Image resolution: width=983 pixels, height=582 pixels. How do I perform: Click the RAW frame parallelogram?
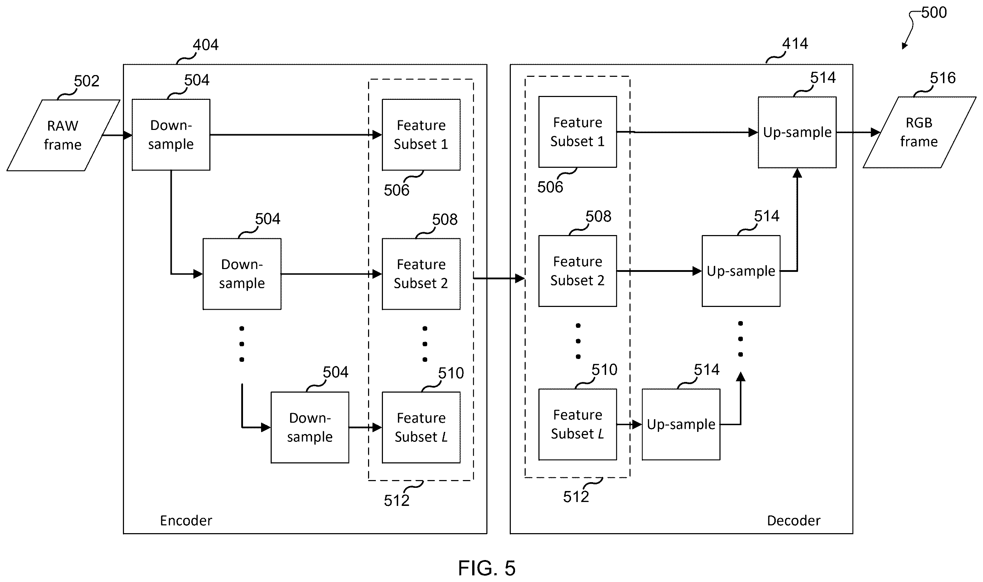pyautogui.click(x=63, y=135)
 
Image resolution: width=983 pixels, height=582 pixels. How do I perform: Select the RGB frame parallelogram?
pyautogui.click(x=919, y=132)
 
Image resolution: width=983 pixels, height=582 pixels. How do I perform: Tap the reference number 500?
pyautogui.click(x=934, y=12)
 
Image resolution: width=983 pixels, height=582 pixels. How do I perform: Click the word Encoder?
pyautogui.click(x=186, y=521)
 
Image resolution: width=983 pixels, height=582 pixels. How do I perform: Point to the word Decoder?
pyautogui.click(x=793, y=521)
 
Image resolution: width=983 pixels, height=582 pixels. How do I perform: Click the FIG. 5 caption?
pyautogui.click(x=487, y=568)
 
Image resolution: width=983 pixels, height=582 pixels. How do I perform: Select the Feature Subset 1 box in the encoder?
pyautogui.click(x=421, y=135)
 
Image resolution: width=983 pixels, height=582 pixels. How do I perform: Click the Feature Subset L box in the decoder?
pyautogui.click(x=578, y=424)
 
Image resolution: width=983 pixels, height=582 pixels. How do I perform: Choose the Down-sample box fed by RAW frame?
pyautogui.click(x=171, y=135)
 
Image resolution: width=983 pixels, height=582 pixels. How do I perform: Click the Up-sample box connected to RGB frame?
pyautogui.click(x=797, y=132)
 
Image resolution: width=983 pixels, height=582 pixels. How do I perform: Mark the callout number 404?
pyautogui.click(x=205, y=45)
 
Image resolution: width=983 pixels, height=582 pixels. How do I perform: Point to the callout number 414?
pyautogui.click(x=795, y=44)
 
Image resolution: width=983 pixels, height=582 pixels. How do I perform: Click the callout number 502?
pyautogui.click(x=87, y=81)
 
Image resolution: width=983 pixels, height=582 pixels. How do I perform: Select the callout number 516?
pyautogui.click(x=943, y=78)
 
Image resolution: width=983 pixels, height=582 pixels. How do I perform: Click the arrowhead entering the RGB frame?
pyautogui.click(x=875, y=132)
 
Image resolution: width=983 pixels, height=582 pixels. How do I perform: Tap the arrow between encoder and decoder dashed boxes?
pyautogui.click(x=499, y=279)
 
